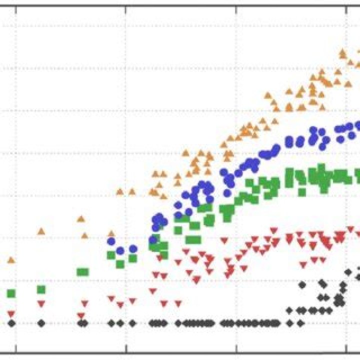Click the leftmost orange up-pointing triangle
(10, 260)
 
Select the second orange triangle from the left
(41, 231)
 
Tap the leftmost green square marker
(10, 293)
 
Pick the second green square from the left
(41, 289)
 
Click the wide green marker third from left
(82, 272)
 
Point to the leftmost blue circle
(111, 241)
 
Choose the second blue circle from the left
(120, 250)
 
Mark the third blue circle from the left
(133, 248)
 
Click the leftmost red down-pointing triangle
(10, 314)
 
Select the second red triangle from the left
(41, 303)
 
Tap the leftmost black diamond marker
(10, 323)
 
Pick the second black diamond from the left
(41, 323)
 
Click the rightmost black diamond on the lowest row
(300, 323)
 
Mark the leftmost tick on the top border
(15, 9)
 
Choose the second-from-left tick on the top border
(125, 9)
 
